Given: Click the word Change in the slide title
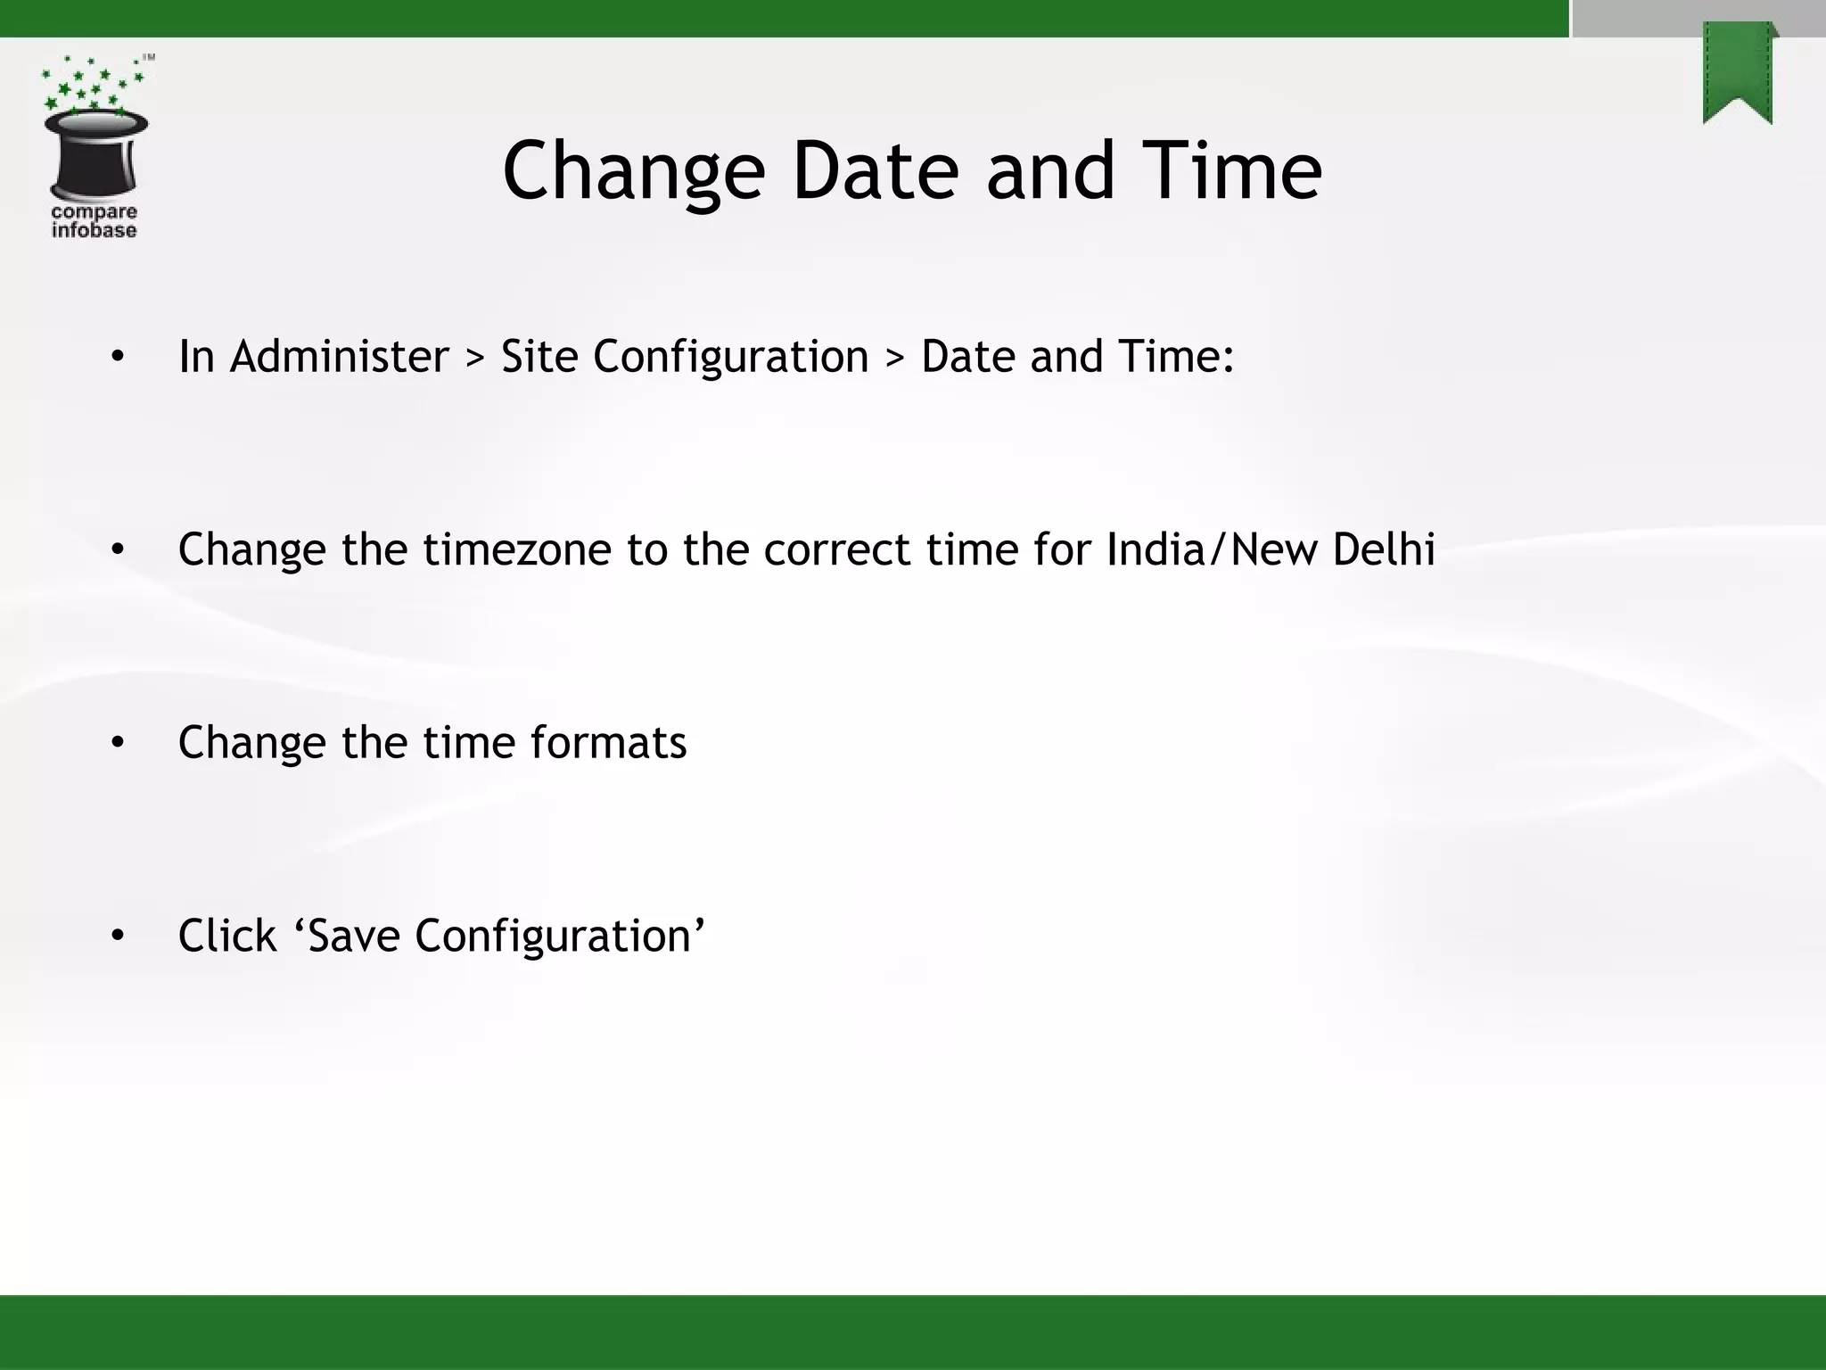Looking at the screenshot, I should [634, 171].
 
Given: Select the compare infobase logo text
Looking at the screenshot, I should [94, 221].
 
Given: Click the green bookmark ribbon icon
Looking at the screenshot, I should [1738, 73].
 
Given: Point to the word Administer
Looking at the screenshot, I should [339, 357].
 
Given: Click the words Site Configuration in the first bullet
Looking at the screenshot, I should [684, 357].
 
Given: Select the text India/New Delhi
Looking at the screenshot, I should [1271, 549].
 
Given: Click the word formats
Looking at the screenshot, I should [608, 742].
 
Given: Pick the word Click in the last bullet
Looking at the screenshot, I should [227, 936].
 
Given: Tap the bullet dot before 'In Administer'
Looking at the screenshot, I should [118, 358].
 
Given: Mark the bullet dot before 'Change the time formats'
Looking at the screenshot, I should [118, 743].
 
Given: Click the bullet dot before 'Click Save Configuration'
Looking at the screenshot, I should [118, 937].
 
